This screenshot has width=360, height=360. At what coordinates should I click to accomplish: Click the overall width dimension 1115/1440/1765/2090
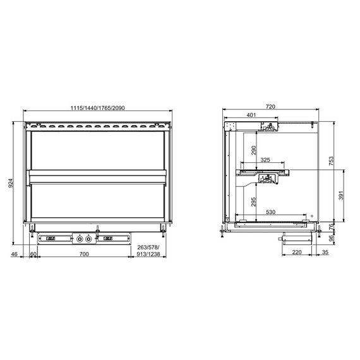click(x=97, y=108)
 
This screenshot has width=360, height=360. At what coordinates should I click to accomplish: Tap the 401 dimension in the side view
click(x=251, y=116)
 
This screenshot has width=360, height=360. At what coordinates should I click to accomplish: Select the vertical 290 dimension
click(x=253, y=151)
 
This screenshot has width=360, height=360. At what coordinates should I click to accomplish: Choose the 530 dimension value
click(x=271, y=213)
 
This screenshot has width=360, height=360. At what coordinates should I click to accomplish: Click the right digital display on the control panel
click(x=108, y=239)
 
